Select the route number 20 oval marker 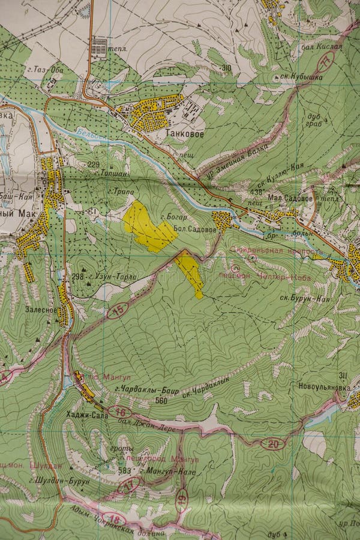tap(274, 444)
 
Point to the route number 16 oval tap(120, 412)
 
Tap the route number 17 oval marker tap(129, 485)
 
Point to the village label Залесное tap(41, 310)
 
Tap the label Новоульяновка tap(324, 387)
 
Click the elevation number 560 tap(161, 401)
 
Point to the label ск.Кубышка tap(297, 77)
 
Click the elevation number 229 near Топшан tap(93, 164)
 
